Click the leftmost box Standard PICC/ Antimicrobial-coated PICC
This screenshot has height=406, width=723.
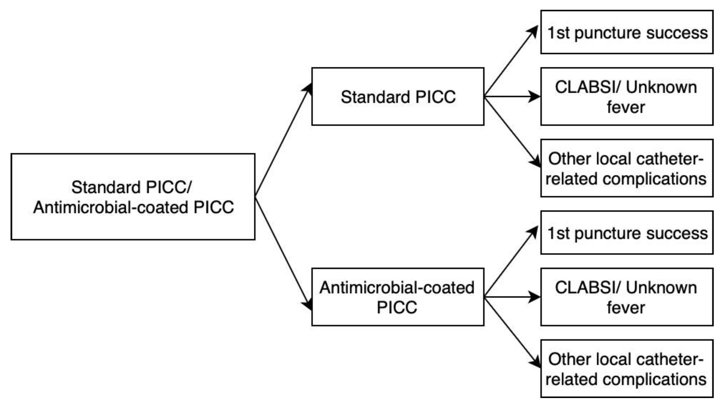(x=133, y=197)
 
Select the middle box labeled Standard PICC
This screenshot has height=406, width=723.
(x=398, y=96)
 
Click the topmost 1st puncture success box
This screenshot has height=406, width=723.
(x=627, y=32)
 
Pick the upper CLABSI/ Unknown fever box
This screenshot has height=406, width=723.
(x=627, y=96)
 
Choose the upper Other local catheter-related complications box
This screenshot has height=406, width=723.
(x=627, y=168)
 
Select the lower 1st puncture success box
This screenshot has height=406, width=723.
(x=627, y=233)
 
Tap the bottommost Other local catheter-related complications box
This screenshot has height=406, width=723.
(x=627, y=368)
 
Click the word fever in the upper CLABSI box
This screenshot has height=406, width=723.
(x=626, y=107)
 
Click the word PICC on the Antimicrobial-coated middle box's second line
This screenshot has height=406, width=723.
(x=397, y=307)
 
